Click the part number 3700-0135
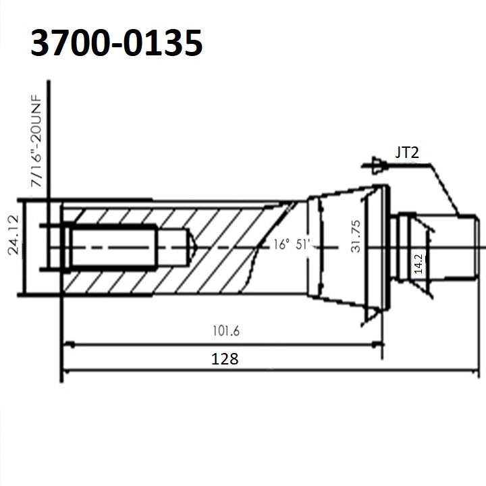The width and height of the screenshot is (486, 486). (x=116, y=45)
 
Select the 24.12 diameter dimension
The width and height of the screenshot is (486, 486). (x=13, y=246)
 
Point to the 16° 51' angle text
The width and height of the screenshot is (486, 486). (x=291, y=245)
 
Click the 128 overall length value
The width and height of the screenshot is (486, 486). (x=225, y=358)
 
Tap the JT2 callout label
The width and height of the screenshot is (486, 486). (x=407, y=153)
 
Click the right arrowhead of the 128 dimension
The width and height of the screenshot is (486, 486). (x=474, y=370)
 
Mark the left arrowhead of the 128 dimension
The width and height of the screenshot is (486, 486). (x=66, y=370)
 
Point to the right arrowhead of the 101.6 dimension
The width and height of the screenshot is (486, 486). (x=379, y=344)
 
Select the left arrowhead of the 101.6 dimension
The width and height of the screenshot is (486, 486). (x=66, y=344)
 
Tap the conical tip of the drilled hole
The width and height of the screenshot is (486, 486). (x=191, y=246)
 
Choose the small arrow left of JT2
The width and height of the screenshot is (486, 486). (x=369, y=164)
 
